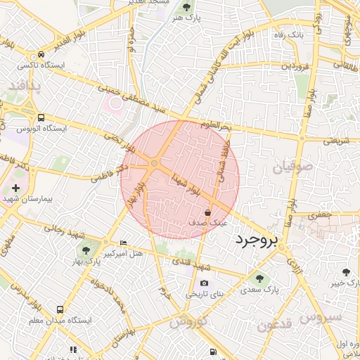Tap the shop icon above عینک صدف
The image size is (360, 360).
207,212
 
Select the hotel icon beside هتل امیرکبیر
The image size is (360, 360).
124,243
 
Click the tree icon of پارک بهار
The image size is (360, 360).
85,250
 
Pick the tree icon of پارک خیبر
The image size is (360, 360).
345,271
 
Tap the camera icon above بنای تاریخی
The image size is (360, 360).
205,283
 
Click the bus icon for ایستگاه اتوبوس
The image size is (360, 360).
41,118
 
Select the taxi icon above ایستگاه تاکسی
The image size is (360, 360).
42,54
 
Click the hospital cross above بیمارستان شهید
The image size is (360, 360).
16,188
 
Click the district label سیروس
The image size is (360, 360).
321,316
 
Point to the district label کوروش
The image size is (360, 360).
186,321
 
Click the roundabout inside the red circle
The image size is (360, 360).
154,164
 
